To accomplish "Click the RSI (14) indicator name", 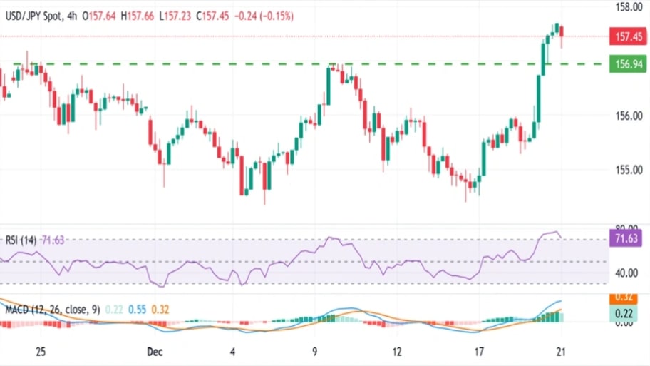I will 21,240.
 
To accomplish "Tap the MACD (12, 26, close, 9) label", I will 51,310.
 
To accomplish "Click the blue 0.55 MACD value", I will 139,310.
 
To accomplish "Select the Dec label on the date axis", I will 155,352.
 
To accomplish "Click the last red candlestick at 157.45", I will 562,32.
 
